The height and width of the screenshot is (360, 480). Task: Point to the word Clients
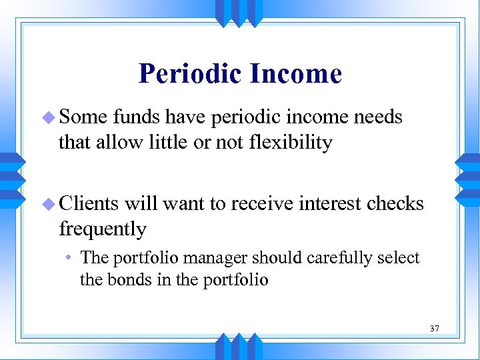click(89, 203)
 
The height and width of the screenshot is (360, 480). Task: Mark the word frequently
click(103, 229)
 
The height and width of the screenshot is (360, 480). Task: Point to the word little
click(159, 143)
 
